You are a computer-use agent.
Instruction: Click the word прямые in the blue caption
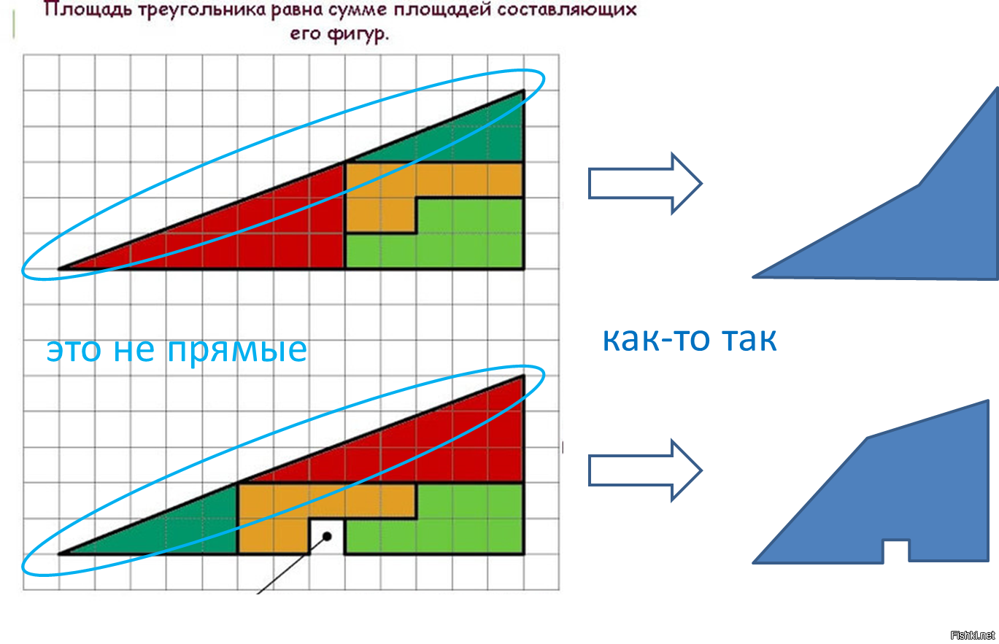[237, 350]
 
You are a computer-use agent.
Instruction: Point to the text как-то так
[690, 339]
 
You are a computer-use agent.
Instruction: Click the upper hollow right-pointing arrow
[645, 183]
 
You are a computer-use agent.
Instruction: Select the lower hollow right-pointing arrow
[645, 470]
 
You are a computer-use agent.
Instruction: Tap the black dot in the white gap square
[327, 536]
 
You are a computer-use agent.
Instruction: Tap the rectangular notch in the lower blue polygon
[896, 551]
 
